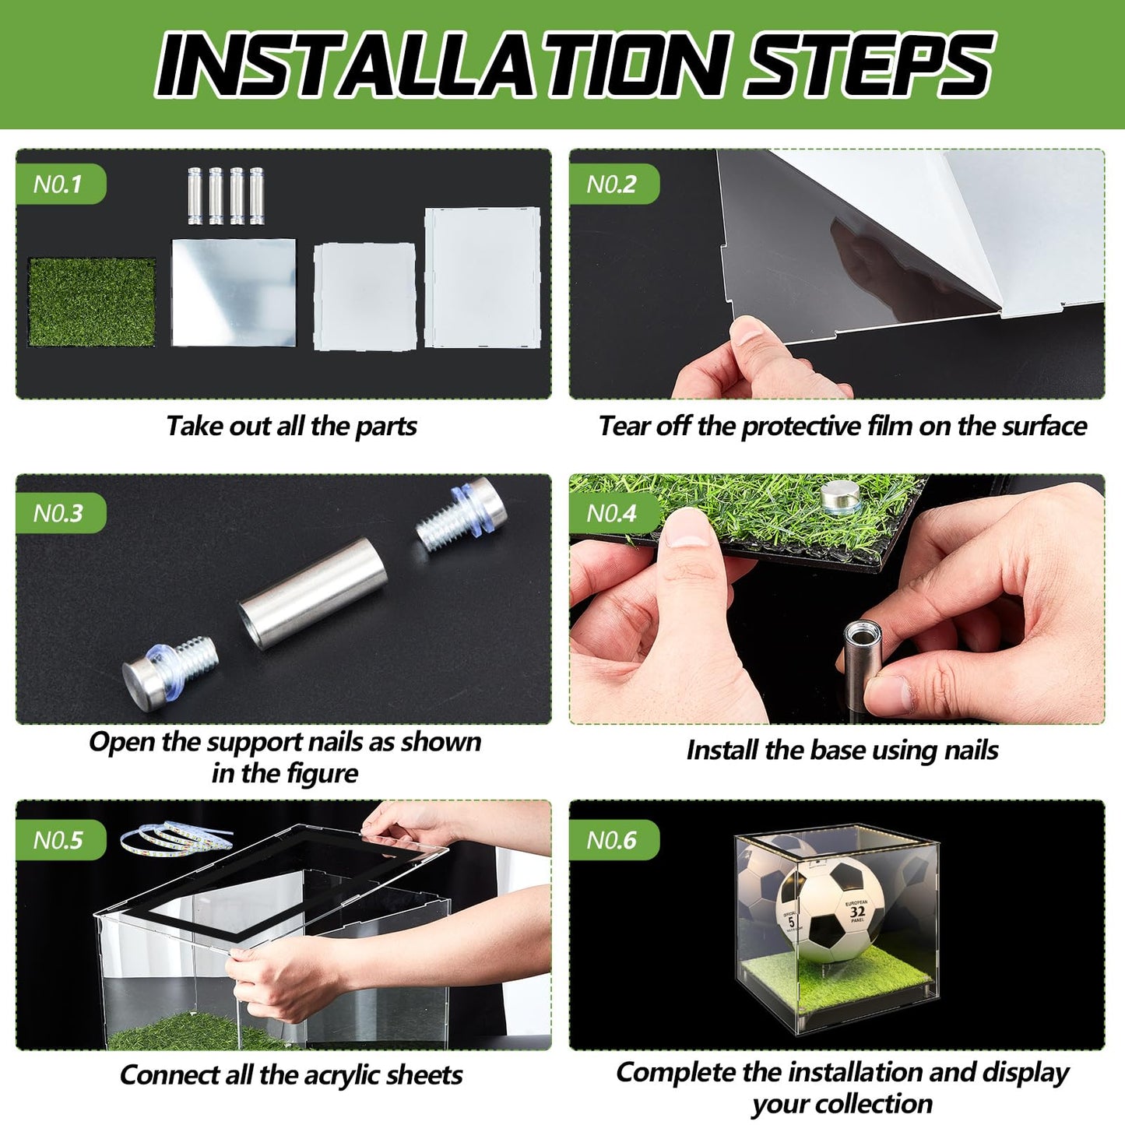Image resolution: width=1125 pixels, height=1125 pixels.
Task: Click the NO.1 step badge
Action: coord(61,184)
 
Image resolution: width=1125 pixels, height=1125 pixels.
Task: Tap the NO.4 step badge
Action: coord(614,513)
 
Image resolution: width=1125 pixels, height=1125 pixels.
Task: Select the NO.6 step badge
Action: coord(614,840)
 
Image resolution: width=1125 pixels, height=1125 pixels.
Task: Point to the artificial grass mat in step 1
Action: coord(92,302)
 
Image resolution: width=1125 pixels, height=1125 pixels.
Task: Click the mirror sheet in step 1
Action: coord(234,292)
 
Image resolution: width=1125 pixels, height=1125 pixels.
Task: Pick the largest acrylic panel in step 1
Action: coord(483,278)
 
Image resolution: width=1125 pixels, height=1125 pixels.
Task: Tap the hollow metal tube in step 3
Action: coord(312,593)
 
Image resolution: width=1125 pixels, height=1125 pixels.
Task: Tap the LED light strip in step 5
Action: coord(176,836)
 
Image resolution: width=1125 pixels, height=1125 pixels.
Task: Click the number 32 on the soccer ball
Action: coord(857,912)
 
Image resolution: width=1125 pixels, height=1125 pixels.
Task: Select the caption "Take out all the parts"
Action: coord(291,426)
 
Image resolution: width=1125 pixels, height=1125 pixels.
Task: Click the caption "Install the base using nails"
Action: coord(842,751)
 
